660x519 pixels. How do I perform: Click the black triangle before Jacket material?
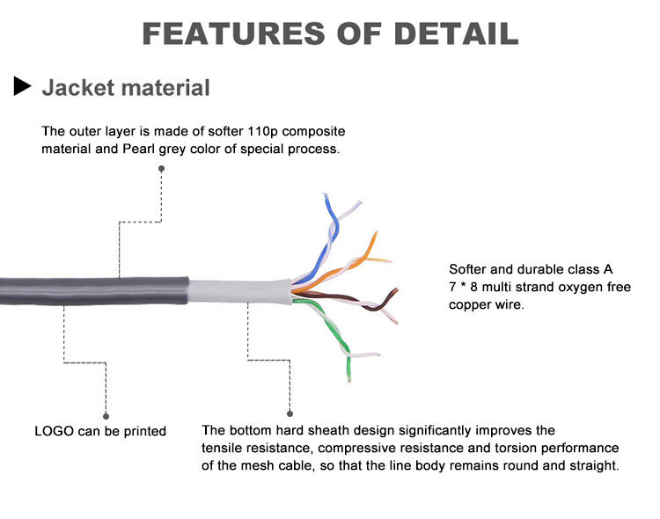point(23,86)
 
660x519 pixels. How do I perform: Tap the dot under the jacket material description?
point(161,168)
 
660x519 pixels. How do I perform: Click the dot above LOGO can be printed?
point(106,414)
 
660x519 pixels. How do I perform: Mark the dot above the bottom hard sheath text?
point(290,412)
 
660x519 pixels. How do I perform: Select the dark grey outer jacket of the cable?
point(88,290)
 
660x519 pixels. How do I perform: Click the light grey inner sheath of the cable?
point(238,290)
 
